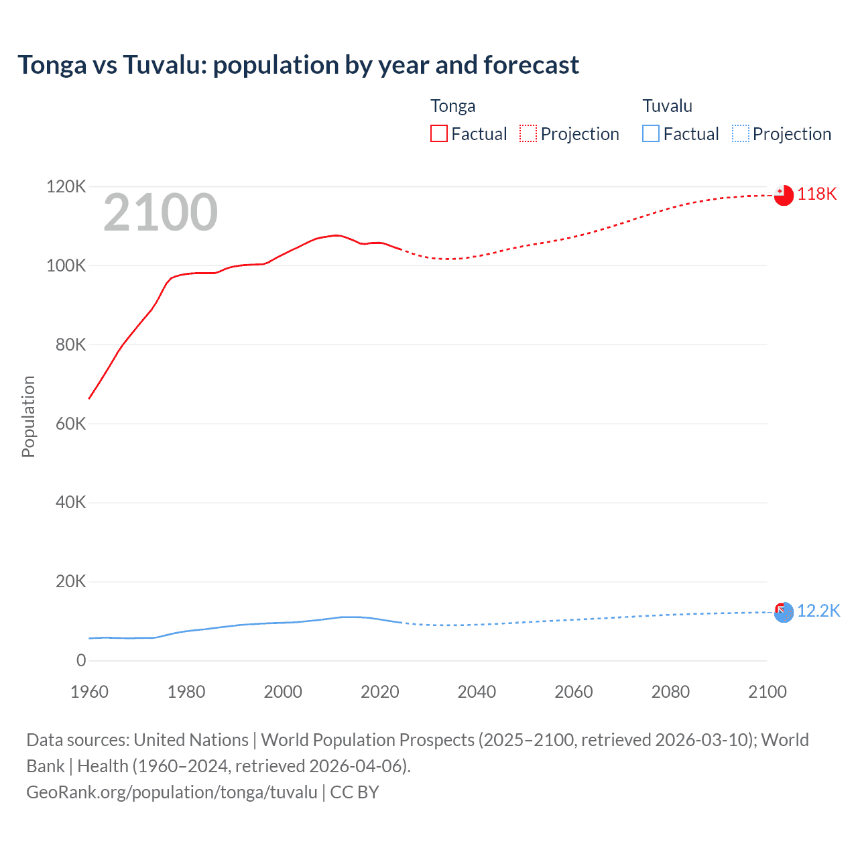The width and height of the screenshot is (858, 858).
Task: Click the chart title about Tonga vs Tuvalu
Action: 298,65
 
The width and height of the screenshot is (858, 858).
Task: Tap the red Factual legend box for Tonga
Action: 438,133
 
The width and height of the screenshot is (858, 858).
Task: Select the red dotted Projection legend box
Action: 528,133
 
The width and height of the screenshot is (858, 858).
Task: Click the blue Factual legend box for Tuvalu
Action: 650,133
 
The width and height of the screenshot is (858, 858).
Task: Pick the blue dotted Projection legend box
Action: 740,133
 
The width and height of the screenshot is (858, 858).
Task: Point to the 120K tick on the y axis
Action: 66,186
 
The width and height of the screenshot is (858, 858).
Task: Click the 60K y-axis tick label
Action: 70,424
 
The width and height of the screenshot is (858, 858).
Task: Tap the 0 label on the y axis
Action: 81,660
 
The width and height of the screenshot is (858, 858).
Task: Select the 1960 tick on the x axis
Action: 89,692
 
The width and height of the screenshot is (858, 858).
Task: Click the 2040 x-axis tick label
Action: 477,692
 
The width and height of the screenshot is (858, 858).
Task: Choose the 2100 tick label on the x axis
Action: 767,692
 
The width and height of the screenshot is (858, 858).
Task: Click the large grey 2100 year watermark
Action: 160,212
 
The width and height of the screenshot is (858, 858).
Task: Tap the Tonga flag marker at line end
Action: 784,195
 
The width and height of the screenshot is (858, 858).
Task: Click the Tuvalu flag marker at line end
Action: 784,612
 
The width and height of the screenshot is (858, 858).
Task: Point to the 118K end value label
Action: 816,194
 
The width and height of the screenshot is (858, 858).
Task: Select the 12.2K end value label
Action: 818,611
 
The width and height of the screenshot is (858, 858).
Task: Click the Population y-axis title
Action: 28,416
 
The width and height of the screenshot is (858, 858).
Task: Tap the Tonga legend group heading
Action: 452,106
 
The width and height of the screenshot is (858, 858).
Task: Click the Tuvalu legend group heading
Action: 667,106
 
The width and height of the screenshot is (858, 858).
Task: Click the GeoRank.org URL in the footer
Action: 172,792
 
